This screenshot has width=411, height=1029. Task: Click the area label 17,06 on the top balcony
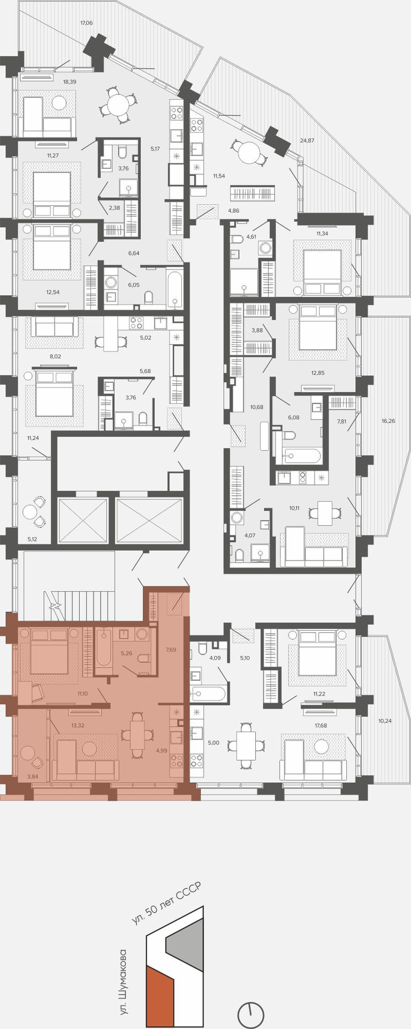click(86, 23)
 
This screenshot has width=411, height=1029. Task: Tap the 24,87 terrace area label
click(307, 140)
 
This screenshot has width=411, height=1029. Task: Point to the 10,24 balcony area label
click(385, 721)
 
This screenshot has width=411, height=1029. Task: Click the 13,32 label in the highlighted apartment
click(78, 726)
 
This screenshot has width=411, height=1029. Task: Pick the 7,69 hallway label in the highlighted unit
click(171, 650)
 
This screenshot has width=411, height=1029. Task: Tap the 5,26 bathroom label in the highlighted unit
click(126, 653)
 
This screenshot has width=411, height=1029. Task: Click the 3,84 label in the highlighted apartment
click(33, 776)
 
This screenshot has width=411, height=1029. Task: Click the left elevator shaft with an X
click(83, 520)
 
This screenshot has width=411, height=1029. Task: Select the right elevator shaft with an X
click(149, 520)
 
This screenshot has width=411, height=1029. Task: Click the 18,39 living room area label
click(70, 82)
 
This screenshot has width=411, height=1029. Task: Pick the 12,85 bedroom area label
click(318, 372)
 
